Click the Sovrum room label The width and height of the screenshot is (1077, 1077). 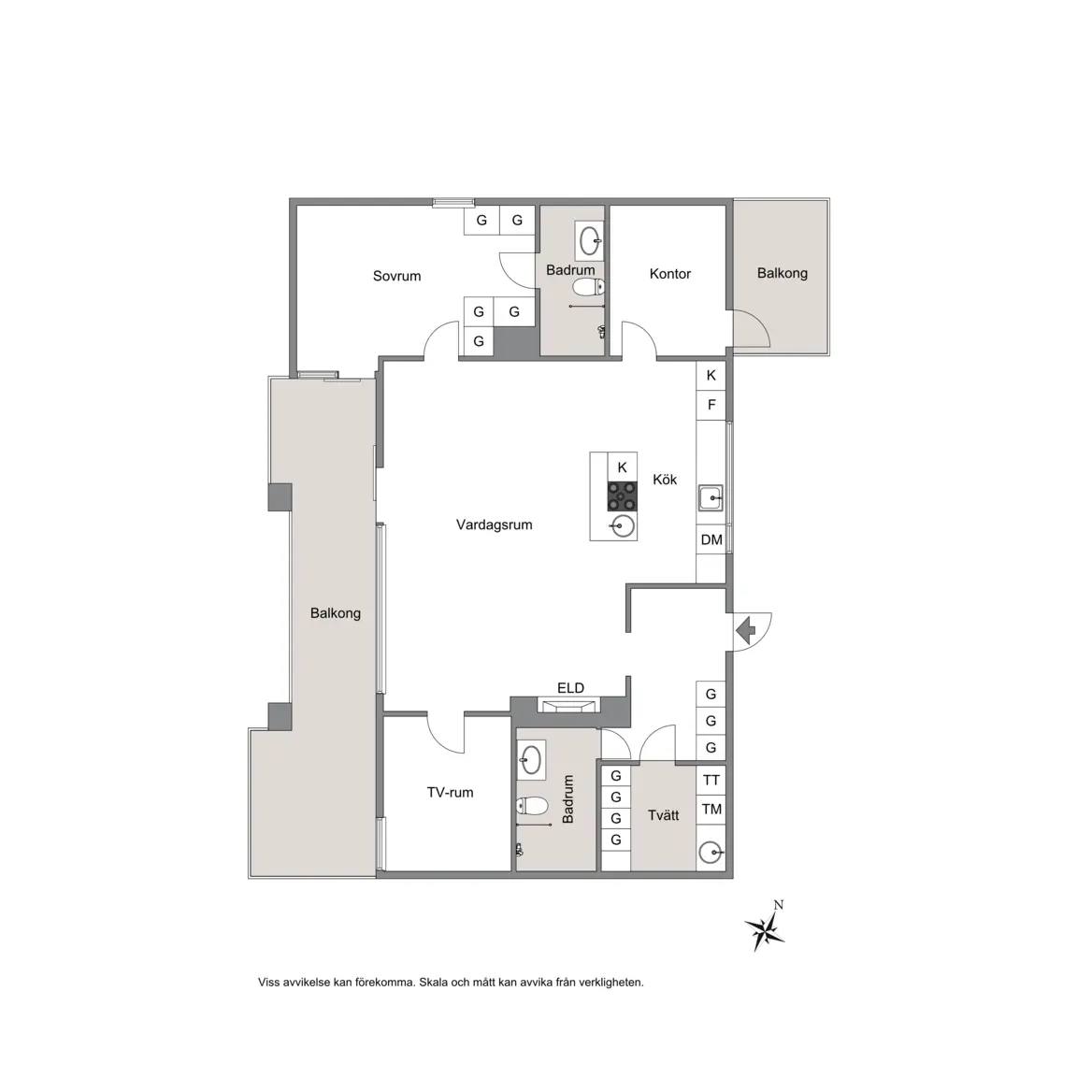coord(396,276)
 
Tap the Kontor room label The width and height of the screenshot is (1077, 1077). coord(669,274)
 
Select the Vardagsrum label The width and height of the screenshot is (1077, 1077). coord(494,524)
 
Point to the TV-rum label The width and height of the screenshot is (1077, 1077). coord(450,793)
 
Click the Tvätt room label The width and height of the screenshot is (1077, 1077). coord(663,815)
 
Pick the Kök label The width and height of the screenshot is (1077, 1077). coord(664,480)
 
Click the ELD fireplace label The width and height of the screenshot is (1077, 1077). coord(570,687)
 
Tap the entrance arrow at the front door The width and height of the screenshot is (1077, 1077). coord(745,629)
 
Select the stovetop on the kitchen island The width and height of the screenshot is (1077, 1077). coord(623,495)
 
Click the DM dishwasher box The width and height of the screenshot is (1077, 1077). coord(711,539)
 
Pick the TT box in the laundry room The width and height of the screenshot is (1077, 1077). coord(711,780)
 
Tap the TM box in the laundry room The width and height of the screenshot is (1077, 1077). coord(711,809)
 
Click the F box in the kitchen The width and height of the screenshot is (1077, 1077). coord(711,405)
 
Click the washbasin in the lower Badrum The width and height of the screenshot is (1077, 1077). coord(531,760)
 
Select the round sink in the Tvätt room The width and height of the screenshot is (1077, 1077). coord(711,853)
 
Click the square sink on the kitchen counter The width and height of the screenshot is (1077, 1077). coord(711,498)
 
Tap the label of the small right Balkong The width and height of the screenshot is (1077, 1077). coord(782,273)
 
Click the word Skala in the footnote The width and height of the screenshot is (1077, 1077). coord(433,983)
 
